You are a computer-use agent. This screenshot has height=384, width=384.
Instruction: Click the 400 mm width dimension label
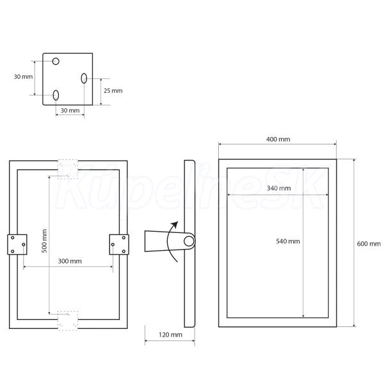pos(278,140)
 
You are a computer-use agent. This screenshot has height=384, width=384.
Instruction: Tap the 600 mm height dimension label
pos(369,244)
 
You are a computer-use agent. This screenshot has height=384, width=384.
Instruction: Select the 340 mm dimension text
pos(278,188)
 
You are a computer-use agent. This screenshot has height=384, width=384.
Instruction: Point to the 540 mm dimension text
pos(288,241)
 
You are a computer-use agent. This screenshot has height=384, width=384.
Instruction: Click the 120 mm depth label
pos(170,335)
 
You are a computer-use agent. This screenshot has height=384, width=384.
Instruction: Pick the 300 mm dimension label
pos(70,261)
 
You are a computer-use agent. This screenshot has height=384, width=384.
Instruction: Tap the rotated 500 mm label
pos(44,241)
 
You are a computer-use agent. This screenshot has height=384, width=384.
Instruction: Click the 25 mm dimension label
pos(113,91)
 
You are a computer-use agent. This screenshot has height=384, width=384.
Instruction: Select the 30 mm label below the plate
pos(70,111)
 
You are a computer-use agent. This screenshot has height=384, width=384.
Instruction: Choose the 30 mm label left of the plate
pos(23,77)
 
